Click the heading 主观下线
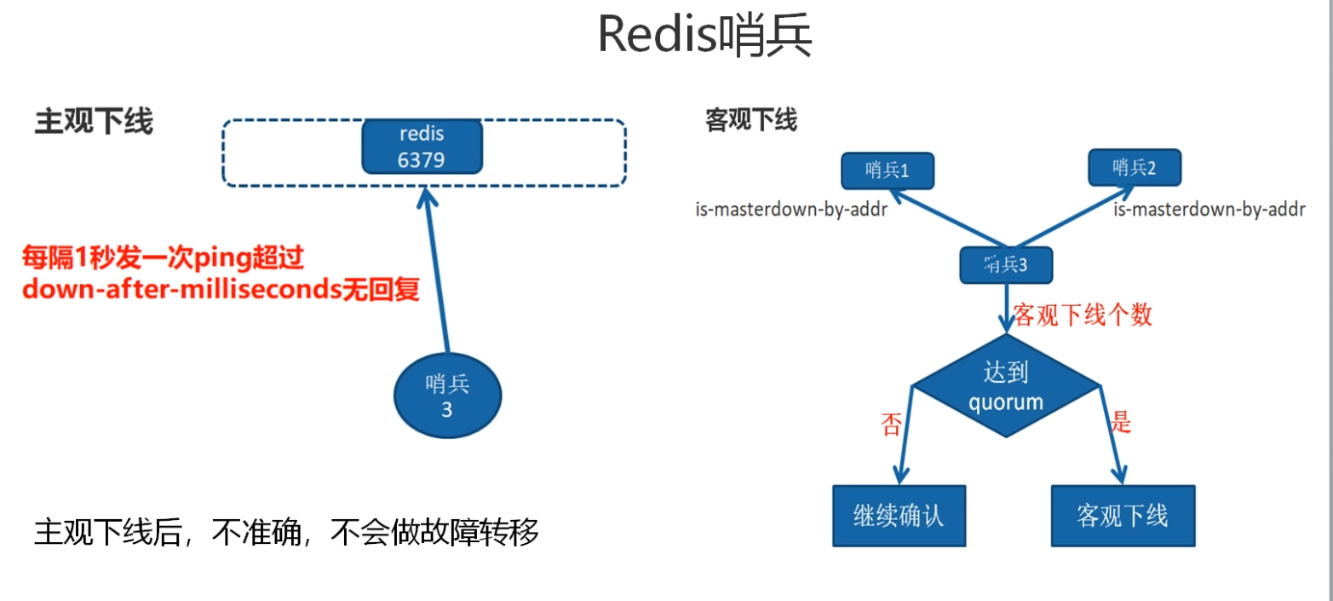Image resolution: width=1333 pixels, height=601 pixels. pyautogui.click(x=94, y=122)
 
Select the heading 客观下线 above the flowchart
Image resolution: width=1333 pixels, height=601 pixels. pyautogui.click(x=751, y=120)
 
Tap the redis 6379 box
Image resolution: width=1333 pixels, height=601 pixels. pyautogui.click(x=422, y=146)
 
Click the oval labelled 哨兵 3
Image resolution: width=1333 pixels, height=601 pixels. pyautogui.click(x=447, y=396)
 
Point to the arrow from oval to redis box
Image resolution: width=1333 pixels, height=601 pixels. pyautogui.click(x=437, y=273)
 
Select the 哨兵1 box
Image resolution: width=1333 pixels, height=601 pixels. pyautogui.click(x=887, y=170)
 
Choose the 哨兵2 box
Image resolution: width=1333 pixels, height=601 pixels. pyautogui.click(x=1135, y=167)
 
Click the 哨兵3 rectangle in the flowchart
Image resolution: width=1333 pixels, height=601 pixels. pyautogui.click(x=1006, y=264)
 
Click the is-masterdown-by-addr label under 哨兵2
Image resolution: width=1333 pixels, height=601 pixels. pyautogui.click(x=1209, y=209)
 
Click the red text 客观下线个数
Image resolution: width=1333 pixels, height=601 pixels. pyautogui.click(x=1083, y=315)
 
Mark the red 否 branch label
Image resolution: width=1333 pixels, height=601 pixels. pyautogui.click(x=891, y=425)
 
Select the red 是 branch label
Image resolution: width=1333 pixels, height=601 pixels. pyautogui.click(x=1121, y=421)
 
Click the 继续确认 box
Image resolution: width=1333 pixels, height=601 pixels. pyautogui.click(x=899, y=516)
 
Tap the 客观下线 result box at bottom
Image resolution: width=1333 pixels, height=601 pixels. pyautogui.click(x=1122, y=516)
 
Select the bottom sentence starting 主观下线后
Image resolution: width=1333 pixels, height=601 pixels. pyautogui.click(x=286, y=533)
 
